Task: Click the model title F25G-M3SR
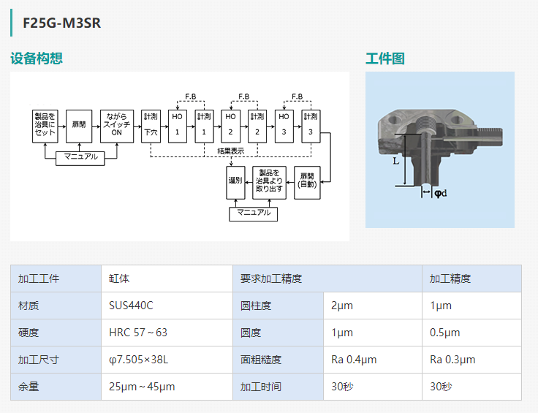61,23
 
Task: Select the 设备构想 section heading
37,58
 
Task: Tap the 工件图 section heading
385,58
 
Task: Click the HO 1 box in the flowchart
178,126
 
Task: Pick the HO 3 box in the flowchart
284,126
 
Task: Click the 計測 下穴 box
151,126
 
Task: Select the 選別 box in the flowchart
235,183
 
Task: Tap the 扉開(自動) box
307,183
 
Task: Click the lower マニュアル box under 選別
253,214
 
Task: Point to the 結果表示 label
230,151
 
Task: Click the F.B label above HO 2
244,96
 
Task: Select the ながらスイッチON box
117,126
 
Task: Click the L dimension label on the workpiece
395,162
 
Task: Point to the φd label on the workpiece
441,193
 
